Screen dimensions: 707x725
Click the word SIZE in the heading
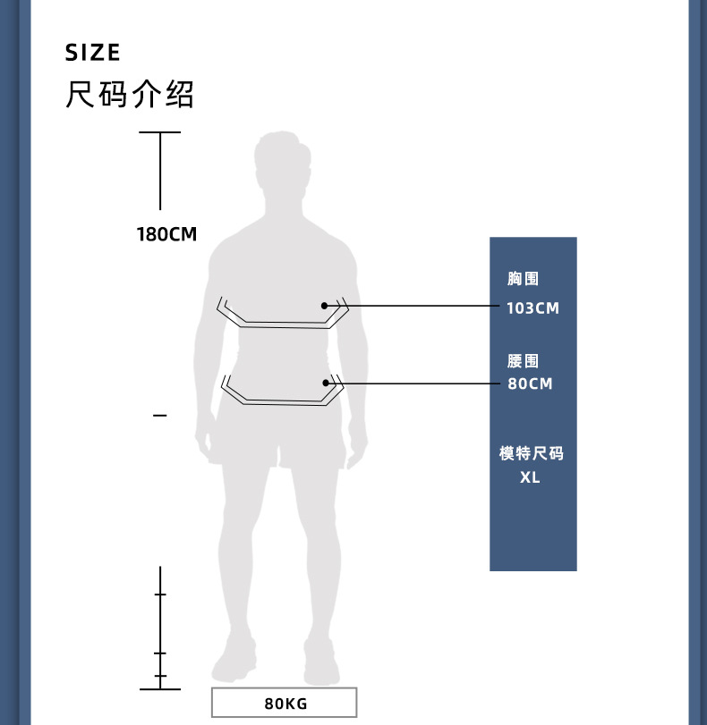(92, 53)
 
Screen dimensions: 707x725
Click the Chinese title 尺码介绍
(130, 95)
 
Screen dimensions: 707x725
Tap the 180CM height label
(166, 235)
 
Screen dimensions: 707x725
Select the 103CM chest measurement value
(532, 308)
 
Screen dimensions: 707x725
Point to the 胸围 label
(524, 280)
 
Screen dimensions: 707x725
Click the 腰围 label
(524, 362)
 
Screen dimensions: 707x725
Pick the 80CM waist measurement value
(530, 384)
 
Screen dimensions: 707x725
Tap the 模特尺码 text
(532, 454)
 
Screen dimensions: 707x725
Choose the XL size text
(531, 477)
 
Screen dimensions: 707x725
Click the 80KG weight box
(285, 703)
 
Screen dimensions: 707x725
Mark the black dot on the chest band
(325, 306)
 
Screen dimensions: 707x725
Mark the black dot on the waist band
(327, 384)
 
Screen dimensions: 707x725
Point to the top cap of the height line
(160, 132)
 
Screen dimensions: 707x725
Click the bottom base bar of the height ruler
(160, 689)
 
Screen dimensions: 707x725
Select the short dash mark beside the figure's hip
(160, 416)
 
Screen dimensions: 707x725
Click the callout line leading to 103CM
(421, 306)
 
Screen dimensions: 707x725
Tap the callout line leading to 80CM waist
(421, 384)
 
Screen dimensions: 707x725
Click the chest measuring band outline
(277, 323)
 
